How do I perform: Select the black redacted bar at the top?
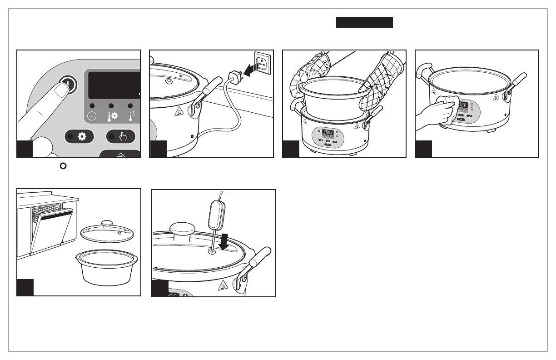point(364,23)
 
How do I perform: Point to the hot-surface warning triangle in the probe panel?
point(223,285)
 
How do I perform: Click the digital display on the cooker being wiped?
point(462,105)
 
